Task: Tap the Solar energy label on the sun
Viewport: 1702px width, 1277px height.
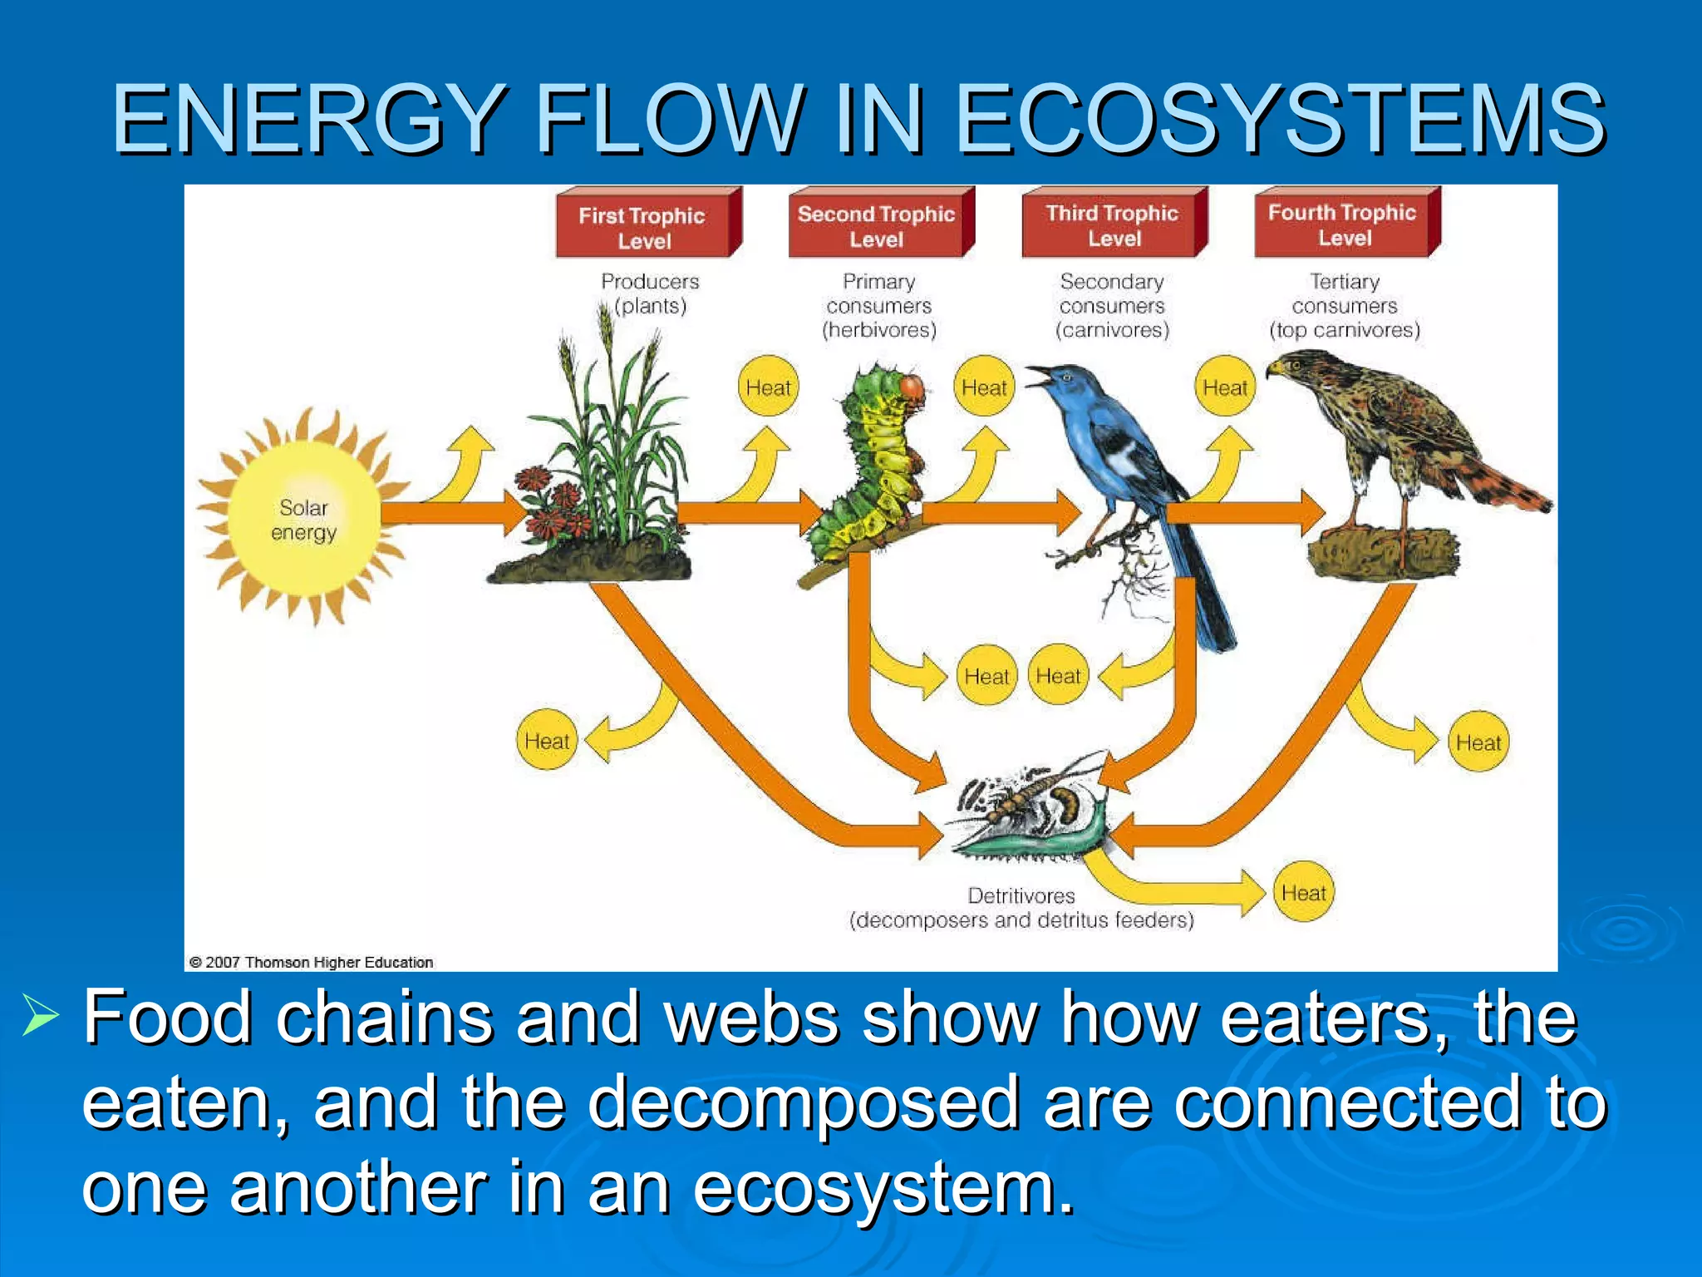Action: [x=304, y=520]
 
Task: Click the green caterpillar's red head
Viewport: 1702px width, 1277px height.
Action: [x=912, y=387]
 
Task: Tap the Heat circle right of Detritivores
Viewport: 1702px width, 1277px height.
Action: [x=1303, y=892]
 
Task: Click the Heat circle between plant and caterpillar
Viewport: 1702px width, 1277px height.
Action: [x=768, y=387]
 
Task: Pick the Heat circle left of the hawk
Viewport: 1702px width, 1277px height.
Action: [x=1225, y=387]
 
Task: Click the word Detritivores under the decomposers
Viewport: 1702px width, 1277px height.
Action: [x=1021, y=895]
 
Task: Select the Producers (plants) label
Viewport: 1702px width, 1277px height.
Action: [x=650, y=293]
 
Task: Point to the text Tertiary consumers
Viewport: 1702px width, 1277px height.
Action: [x=1345, y=293]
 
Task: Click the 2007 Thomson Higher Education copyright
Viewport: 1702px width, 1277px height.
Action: [x=312, y=962]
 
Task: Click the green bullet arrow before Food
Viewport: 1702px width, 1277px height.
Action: [x=41, y=1016]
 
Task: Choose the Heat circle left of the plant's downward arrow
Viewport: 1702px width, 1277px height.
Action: [x=547, y=740]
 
